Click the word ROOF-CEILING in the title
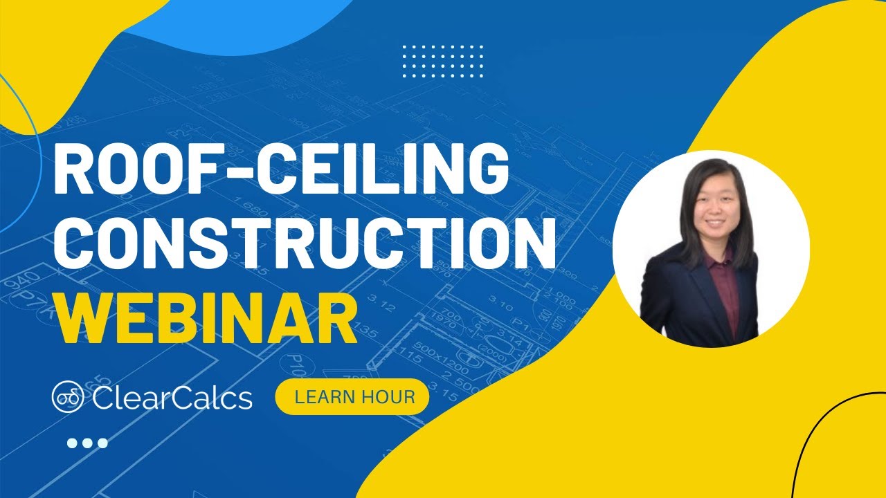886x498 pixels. [x=280, y=170]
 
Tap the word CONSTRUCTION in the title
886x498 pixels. [x=305, y=245]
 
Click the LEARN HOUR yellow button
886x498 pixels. [x=352, y=397]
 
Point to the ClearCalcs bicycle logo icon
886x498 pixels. [x=67, y=398]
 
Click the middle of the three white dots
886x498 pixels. [x=87, y=443]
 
